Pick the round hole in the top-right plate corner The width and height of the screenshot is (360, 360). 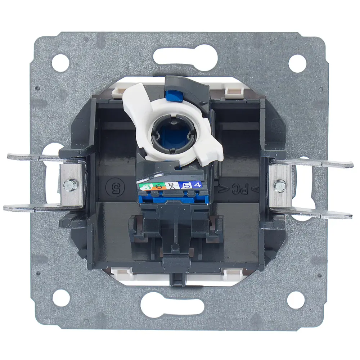297,63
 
